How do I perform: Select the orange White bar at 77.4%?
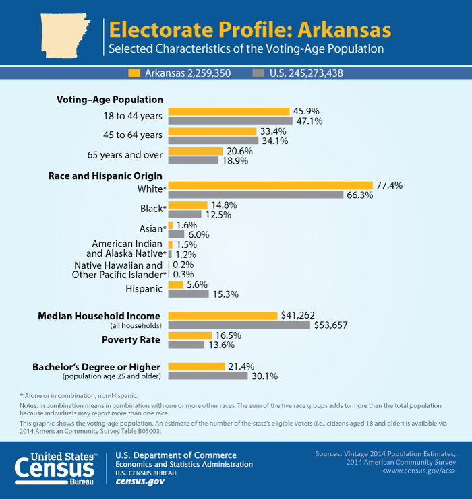[270, 185]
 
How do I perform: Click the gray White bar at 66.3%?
[256, 195]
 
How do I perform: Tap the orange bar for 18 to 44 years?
[229, 112]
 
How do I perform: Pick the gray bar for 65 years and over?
[193, 161]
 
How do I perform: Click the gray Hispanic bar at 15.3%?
[188, 294]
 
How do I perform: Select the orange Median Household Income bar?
[223, 315]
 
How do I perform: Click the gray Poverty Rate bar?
[186, 345]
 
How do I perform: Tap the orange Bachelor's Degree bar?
[196, 366]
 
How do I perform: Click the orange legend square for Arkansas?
[134, 73]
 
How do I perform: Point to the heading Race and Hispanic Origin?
[105, 176]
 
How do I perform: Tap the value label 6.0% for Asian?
[198, 234]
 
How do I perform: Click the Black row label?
[152, 209]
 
